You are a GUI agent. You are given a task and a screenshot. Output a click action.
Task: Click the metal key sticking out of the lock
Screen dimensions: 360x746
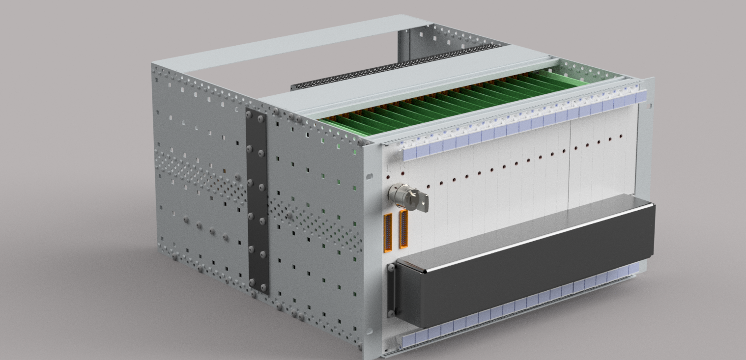(420, 201)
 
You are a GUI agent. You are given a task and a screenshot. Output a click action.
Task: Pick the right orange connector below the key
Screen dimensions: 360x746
(404, 228)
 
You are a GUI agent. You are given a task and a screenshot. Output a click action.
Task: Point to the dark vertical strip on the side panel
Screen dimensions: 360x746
(258, 201)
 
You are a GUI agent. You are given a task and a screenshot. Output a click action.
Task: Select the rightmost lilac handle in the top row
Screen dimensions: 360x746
(641, 96)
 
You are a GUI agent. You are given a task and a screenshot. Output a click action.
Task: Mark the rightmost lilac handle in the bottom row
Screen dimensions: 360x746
(634, 268)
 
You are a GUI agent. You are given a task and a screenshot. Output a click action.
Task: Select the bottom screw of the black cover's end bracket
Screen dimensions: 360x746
(391, 312)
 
